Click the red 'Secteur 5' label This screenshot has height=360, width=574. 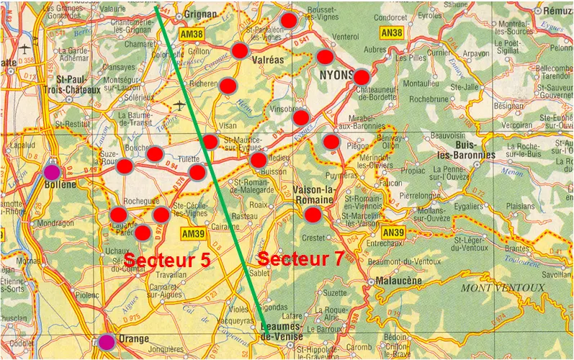[x=167, y=261]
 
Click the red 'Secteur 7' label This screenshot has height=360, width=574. [x=301, y=259]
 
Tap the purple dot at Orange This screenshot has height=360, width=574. [x=107, y=341]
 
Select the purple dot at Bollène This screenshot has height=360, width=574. [x=52, y=172]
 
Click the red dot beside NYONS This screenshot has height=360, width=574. [x=362, y=77]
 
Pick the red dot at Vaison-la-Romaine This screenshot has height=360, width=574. [x=313, y=214]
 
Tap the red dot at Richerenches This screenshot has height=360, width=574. [x=228, y=86]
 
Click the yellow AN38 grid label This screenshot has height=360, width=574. [x=392, y=33]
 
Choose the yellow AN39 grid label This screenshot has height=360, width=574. [x=394, y=232]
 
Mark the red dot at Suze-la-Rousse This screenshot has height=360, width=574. [x=125, y=166]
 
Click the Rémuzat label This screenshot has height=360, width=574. [x=557, y=12]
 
